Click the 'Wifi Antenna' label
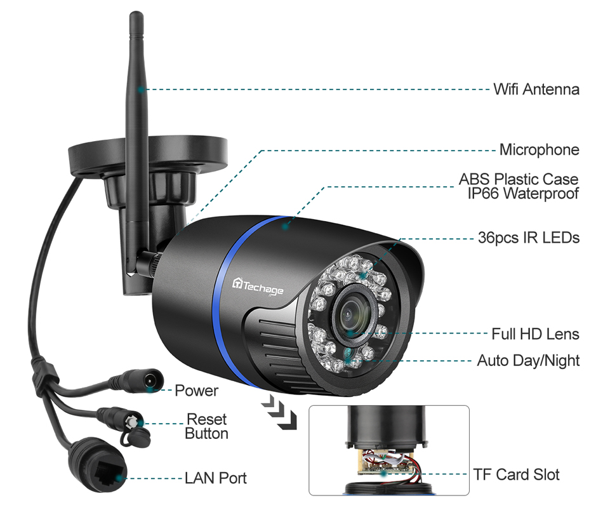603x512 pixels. coord(536,89)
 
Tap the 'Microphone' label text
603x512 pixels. coord(539,150)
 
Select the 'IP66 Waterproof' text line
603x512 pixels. coord(523,194)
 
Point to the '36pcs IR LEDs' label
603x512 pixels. coord(528,238)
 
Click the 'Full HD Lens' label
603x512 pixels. coord(535,333)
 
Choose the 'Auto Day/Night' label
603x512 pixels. coord(528,361)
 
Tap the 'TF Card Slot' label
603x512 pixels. coord(516,475)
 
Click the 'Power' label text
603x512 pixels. coord(196,391)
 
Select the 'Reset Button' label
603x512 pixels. coord(206,426)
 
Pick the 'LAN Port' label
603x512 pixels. coord(215,478)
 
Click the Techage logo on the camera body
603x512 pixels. coord(261,285)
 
